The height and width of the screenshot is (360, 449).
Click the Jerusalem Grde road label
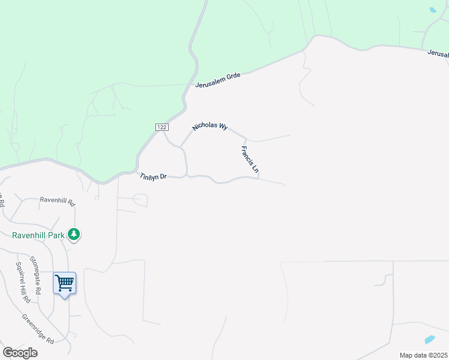point(218,80)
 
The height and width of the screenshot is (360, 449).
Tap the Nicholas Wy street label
point(210,127)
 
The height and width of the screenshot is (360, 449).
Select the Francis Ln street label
point(249,160)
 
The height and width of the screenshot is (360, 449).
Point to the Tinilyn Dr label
point(153,176)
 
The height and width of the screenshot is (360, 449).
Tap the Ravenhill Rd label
point(57,201)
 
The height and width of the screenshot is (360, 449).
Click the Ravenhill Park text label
point(37,235)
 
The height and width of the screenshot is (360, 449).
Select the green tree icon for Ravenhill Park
point(74,234)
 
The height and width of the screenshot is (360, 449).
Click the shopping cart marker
point(64,283)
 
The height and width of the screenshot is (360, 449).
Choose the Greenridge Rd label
point(38,329)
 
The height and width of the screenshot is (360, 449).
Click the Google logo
point(20,352)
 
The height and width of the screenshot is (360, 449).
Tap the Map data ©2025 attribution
point(423,355)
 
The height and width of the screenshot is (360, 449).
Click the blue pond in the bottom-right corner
point(430,339)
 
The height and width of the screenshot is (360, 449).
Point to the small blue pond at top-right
point(433,10)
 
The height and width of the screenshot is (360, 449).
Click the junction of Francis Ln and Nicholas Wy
point(244,137)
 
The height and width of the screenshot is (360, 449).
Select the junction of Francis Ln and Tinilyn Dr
point(258,178)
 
